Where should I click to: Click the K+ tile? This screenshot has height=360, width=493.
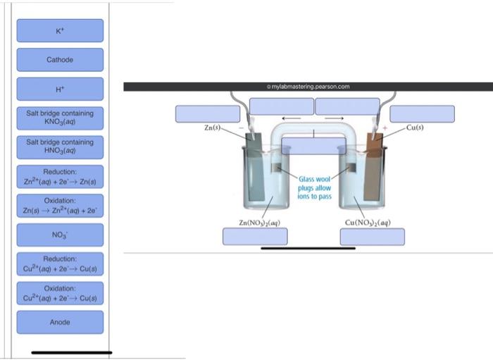click(60, 30)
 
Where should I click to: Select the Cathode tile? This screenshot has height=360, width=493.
click(60, 60)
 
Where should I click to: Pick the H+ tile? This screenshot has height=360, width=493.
click(60, 89)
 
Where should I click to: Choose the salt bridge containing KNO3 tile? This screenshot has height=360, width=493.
click(60, 118)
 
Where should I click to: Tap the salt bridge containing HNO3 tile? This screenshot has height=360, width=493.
click(60, 147)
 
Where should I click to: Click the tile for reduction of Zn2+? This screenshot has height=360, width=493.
click(60, 177)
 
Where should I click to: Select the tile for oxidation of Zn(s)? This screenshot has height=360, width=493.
click(60, 206)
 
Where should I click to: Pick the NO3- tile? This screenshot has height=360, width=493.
click(60, 235)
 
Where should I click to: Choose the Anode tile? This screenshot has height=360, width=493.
click(60, 322)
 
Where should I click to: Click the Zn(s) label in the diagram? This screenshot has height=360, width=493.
click(212, 128)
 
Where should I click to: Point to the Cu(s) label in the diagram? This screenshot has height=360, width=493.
click(415, 128)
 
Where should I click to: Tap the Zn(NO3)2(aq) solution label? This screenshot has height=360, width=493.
click(259, 223)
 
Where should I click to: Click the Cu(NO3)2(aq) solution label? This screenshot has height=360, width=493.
click(368, 223)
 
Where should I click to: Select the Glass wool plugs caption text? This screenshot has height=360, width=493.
click(314, 187)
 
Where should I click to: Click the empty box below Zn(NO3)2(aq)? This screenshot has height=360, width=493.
click(255, 237)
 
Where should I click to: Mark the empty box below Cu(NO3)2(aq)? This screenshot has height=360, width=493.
click(373, 237)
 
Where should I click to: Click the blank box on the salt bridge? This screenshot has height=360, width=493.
click(314, 146)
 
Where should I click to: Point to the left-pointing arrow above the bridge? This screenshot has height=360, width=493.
click(292, 118)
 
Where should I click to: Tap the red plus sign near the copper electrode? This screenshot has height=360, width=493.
click(385, 128)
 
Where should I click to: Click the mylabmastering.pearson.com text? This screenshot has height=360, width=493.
click(308, 87)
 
